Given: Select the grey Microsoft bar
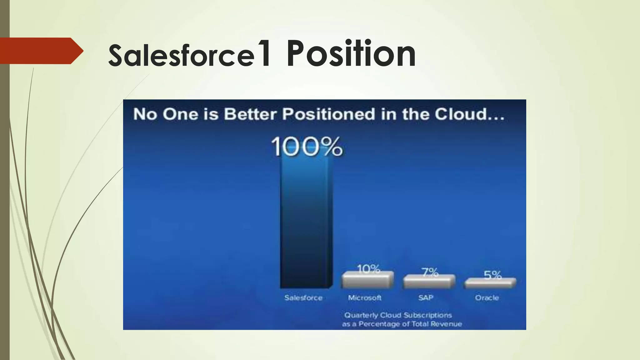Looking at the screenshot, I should [x=367, y=280].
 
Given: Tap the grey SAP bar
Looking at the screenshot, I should [x=429, y=282].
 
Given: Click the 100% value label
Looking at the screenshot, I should [x=307, y=147].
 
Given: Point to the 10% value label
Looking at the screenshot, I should [x=368, y=268].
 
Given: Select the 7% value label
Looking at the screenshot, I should [x=430, y=272].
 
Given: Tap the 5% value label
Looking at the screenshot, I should [x=492, y=275].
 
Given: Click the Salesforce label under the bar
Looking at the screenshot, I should [x=303, y=298].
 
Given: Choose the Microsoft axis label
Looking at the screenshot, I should [x=365, y=298].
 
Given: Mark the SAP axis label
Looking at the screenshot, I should [x=426, y=298].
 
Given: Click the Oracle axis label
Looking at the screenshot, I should [x=487, y=298].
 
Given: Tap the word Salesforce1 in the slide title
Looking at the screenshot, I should [x=189, y=55].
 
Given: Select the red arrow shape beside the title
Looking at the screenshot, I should [x=41, y=51].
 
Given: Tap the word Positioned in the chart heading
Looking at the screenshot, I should [x=328, y=114].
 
